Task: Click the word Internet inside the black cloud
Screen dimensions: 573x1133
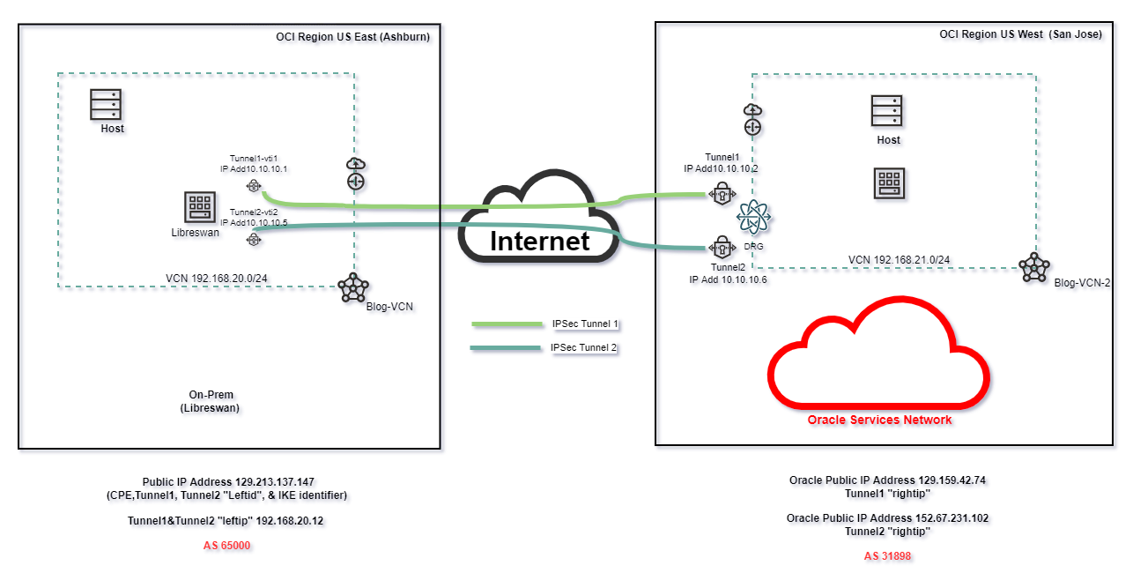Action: pyautogui.click(x=539, y=241)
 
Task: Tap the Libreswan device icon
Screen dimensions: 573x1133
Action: pyautogui.click(x=199, y=207)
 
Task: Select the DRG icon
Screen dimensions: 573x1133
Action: pyautogui.click(x=754, y=217)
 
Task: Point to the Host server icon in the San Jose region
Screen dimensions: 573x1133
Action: pyautogui.click(x=887, y=111)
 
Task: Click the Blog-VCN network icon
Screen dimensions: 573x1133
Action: pyautogui.click(x=352, y=286)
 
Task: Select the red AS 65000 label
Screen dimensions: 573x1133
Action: pyautogui.click(x=226, y=546)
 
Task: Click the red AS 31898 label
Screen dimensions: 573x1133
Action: pyautogui.click(x=888, y=556)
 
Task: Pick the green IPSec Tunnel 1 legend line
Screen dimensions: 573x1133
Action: pyautogui.click(x=507, y=324)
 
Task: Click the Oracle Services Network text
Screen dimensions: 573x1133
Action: pyautogui.click(x=879, y=420)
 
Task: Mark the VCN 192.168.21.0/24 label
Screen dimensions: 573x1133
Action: pyautogui.click(x=899, y=260)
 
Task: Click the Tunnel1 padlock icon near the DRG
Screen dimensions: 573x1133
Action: pyautogui.click(x=722, y=192)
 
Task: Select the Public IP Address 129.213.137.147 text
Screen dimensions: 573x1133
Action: pyautogui.click(x=226, y=482)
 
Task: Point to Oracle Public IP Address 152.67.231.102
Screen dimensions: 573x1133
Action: pyautogui.click(x=888, y=518)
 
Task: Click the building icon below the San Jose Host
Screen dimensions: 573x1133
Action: pyautogui.click(x=887, y=183)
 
